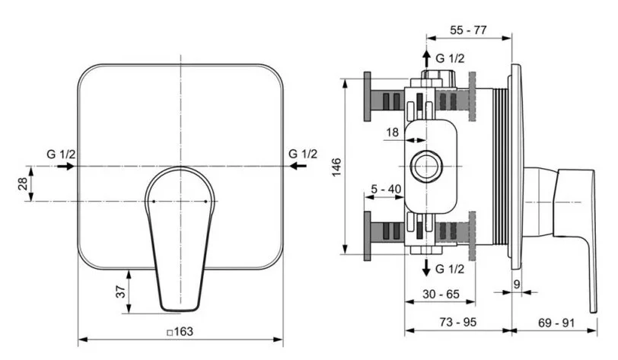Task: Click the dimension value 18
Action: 392,132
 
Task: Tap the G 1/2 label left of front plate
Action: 61,154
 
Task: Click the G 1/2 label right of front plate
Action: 303,154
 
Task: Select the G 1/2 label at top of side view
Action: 450,58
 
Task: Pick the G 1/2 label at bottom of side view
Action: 450,267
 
